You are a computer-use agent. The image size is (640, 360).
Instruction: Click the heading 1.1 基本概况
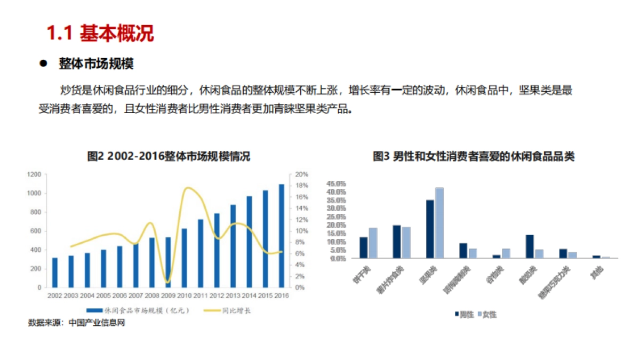tap(100, 34)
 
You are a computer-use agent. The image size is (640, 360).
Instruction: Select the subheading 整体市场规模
tap(96, 64)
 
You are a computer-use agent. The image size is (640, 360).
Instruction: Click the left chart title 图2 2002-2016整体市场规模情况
tap(169, 157)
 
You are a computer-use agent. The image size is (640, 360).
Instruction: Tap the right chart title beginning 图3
tap(473, 157)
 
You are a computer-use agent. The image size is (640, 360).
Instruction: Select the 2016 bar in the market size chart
tap(282, 236)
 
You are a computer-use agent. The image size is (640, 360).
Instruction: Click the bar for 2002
tap(54, 273)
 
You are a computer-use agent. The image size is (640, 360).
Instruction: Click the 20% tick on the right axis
tap(302, 174)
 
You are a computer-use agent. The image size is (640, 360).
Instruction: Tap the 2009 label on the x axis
tap(168, 295)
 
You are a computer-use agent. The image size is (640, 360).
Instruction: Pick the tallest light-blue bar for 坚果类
tap(439, 223)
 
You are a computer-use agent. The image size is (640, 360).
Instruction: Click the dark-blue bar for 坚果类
tap(430, 229)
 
